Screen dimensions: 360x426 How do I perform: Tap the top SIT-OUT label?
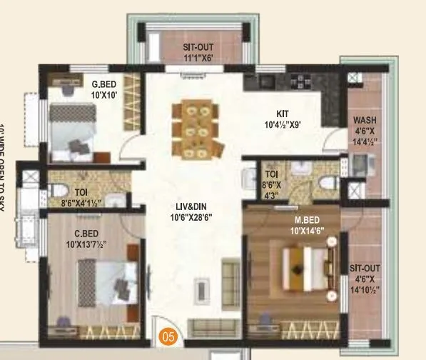[193, 49]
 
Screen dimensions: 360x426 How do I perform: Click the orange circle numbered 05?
[167, 332]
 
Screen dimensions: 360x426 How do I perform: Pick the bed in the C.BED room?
[107, 279]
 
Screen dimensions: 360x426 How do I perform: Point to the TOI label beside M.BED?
[272, 174]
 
